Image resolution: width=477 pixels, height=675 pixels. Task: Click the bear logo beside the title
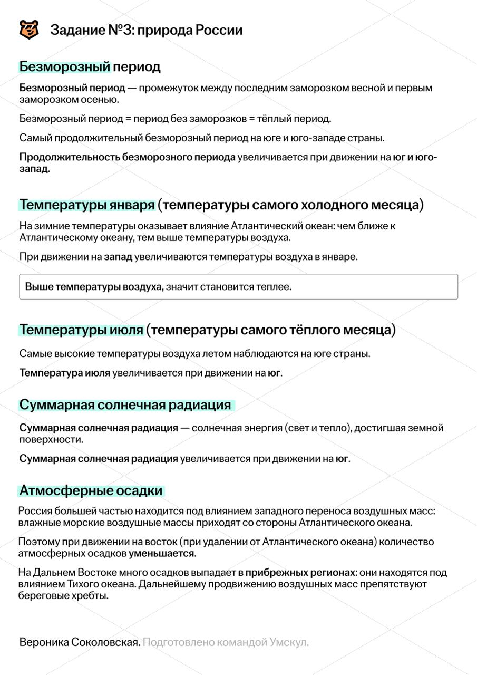(29, 30)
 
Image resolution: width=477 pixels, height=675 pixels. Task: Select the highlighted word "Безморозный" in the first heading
(65, 67)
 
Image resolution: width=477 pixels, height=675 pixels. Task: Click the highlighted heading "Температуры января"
(87, 205)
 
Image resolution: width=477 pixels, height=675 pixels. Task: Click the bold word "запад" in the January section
(118, 257)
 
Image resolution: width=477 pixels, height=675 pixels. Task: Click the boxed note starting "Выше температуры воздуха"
(238, 287)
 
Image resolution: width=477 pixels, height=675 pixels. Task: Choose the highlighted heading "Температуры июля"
(82, 330)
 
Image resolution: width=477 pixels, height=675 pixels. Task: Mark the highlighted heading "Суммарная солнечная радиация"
(125, 405)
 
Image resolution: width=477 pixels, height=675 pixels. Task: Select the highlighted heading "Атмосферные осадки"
(91, 491)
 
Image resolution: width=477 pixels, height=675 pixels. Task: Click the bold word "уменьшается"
(162, 554)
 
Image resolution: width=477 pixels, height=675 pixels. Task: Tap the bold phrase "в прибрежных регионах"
(297, 573)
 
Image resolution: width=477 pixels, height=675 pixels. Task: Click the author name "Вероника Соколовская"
(80, 642)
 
